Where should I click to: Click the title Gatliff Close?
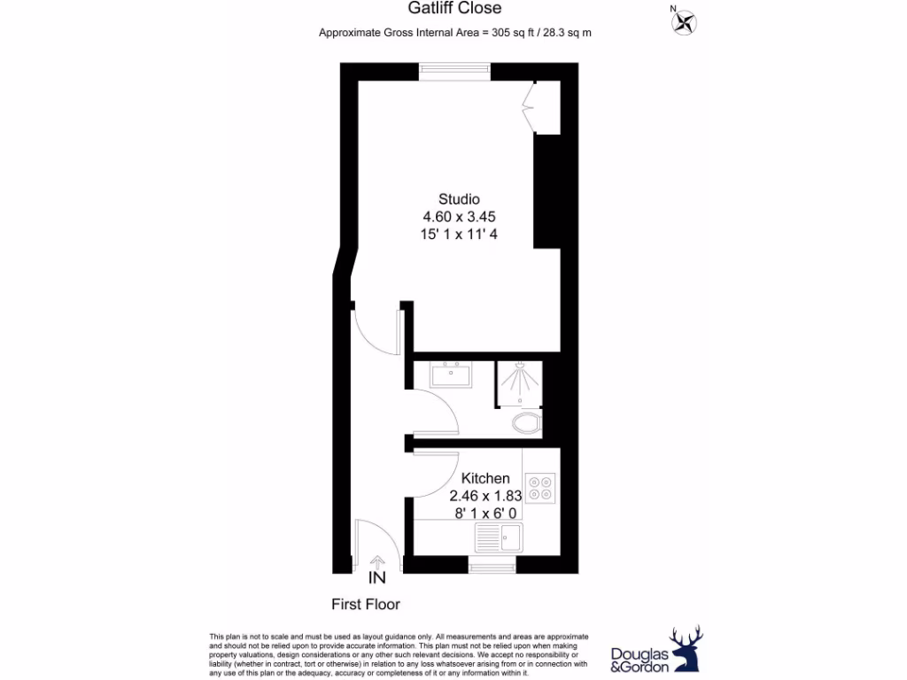[454, 9]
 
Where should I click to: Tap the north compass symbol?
[684, 21]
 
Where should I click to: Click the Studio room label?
[459, 199]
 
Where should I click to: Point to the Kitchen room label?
[485, 478]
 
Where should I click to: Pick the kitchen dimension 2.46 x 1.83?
[485, 496]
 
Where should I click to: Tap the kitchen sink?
[499, 536]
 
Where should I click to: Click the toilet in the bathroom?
[527, 423]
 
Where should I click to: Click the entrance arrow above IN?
[377, 561]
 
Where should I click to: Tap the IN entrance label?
[377, 579]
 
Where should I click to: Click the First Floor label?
[366, 605]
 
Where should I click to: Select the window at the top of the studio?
[455, 71]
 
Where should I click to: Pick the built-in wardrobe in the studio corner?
[546, 108]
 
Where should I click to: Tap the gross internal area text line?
[454, 33]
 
